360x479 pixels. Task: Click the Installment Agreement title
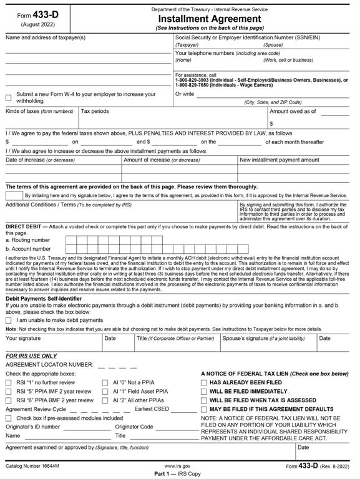(x=210, y=19)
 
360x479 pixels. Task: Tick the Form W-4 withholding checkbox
(x=9, y=97)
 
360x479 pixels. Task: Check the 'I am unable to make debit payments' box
(x=9, y=320)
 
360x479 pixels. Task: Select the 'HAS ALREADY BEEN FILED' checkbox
(x=204, y=382)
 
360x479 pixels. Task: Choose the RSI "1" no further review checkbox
(x=9, y=382)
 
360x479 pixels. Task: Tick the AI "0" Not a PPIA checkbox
(x=105, y=382)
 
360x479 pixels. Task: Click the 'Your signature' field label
(x=23, y=339)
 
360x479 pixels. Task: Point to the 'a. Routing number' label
(x=27, y=239)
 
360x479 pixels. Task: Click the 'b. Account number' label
(x=28, y=249)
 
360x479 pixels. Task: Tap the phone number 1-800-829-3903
(x=197, y=80)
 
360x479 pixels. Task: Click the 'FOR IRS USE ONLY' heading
(x=31, y=356)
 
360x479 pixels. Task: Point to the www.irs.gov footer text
(x=178, y=466)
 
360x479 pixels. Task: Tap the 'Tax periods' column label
(x=95, y=111)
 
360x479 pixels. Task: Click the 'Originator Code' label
(x=134, y=427)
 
